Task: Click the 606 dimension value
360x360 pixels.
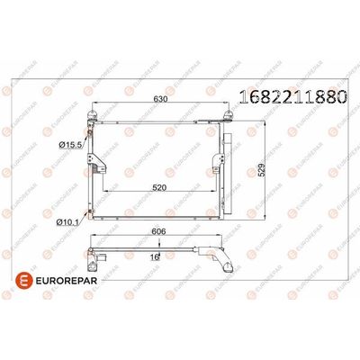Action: coord(159,231)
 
